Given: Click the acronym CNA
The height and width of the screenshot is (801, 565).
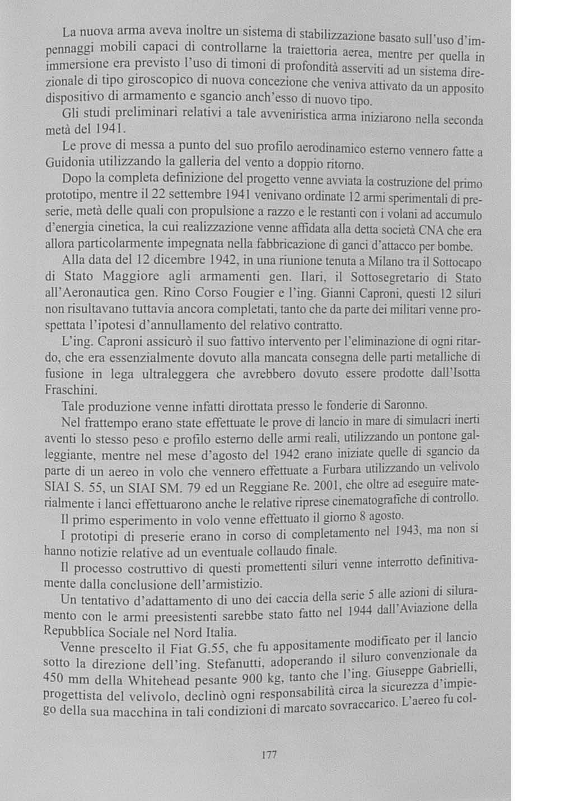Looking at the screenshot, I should pos(433,230).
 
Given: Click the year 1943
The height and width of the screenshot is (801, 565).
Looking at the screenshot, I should pos(412,531).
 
